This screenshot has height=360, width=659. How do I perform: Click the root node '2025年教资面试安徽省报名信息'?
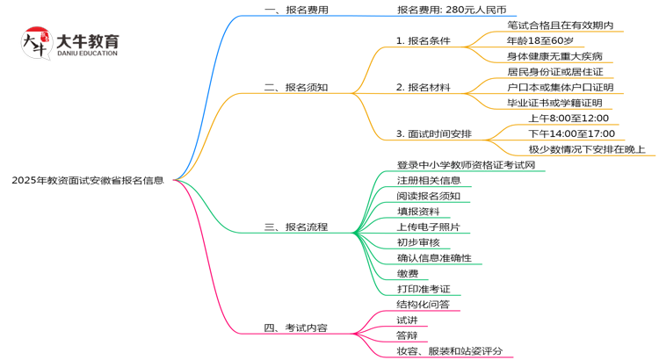[x=87, y=180]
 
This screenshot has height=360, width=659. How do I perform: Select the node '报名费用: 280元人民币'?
[x=451, y=10]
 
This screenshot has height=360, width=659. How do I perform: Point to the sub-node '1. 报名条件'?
[x=423, y=40]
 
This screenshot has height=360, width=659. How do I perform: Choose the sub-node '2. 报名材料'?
[x=423, y=87]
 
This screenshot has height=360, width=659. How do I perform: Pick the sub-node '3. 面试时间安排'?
[x=433, y=133]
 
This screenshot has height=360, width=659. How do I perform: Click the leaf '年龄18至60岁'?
[x=540, y=40]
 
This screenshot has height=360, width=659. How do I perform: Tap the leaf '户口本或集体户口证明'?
[x=560, y=87]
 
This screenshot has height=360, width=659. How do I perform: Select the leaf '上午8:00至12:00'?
[x=568, y=118]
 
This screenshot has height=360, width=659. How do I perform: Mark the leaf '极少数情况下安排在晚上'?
[x=591, y=149]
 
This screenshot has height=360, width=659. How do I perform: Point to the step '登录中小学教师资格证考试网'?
[x=466, y=164]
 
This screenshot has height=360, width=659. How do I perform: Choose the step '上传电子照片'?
[x=428, y=227]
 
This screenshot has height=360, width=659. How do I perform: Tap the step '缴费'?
[x=407, y=273]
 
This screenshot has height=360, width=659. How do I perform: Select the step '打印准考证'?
[x=423, y=289]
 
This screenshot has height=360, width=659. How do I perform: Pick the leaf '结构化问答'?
[x=423, y=305]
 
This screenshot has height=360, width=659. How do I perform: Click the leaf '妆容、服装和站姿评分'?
[x=449, y=351]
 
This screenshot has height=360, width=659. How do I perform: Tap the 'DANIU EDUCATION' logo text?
[x=86, y=54]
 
